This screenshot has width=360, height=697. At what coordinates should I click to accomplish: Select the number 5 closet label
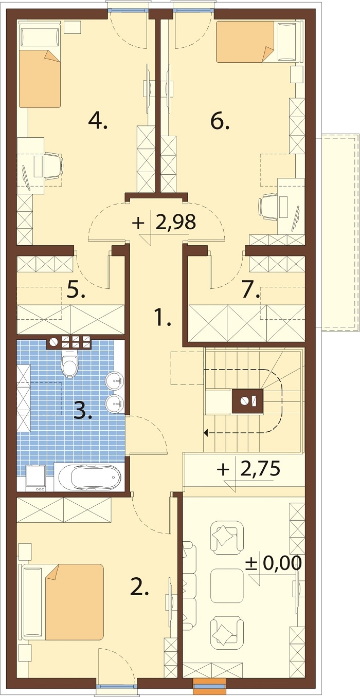click(76, 290)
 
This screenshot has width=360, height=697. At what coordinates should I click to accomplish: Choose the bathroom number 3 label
click(82, 411)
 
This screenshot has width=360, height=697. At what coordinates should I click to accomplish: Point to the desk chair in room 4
click(53, 166)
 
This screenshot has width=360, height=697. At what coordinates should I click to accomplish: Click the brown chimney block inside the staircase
click(248, 401)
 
